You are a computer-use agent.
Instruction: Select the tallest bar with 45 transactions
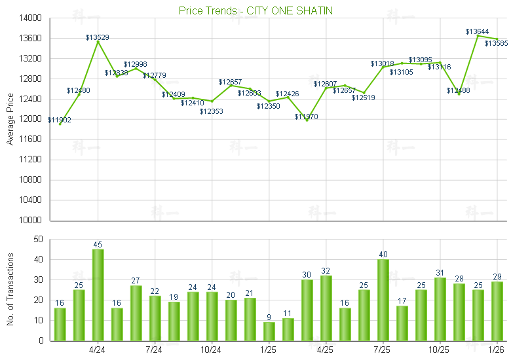(98, 295)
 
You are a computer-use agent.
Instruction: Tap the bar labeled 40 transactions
(383, 300)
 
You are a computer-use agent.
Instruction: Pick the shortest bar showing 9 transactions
(269, 331)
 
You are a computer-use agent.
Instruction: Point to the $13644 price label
(476, 31)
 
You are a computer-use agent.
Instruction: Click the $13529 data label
(98, 37)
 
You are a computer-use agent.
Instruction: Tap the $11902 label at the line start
(60, 120)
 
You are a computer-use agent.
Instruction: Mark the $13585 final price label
(496, 43)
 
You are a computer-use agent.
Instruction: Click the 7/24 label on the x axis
(154, 350)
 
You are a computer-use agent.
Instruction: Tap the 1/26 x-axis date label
(497, 350)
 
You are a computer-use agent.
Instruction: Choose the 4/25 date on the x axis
(326, 350)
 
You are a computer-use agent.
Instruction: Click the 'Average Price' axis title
(9, 119)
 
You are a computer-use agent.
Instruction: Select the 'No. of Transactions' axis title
(9, 290)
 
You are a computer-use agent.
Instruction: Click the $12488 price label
(459, 91)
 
